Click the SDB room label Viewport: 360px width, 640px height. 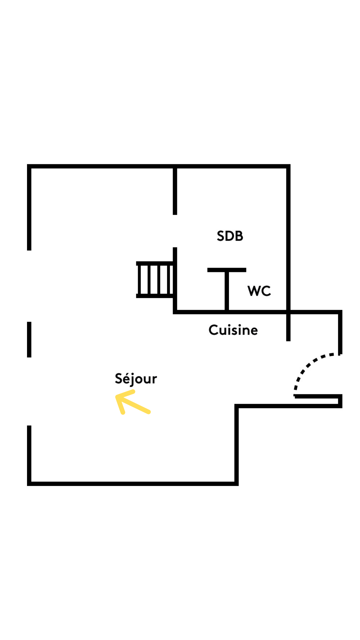coord(230,236)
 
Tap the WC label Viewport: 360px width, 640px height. coord(259,291)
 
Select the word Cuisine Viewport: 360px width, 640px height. coord(233,330)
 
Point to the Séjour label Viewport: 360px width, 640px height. coord(136,379)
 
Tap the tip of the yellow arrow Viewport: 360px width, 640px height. coord(117,396)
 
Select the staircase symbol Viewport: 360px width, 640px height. coord(155,279)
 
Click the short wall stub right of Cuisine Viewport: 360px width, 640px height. coord(288,328)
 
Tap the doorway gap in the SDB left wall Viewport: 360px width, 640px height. coord(175,231)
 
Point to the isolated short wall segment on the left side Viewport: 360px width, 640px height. coord(29,339)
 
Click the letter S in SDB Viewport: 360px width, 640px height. coord(220,236)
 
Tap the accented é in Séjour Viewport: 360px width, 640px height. coord(127,379)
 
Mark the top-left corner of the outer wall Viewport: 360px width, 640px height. coord(29,166)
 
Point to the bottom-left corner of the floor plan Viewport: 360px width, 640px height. coord(29,484)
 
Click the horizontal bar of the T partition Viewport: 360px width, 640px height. coord(227,270)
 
